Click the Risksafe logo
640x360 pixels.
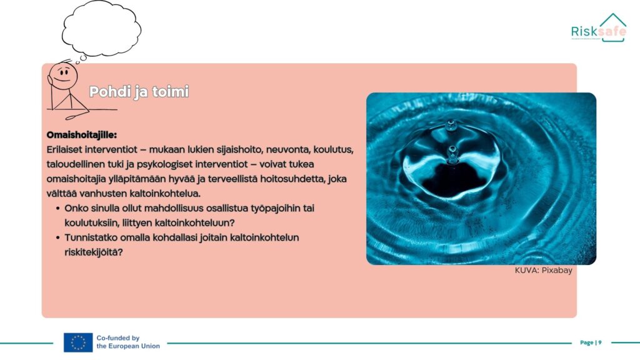point(598,27)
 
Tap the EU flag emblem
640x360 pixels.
point(78,342)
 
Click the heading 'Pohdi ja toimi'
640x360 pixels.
point(139,91)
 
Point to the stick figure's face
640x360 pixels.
point(64,75)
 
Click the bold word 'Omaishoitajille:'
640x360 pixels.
point(82,135)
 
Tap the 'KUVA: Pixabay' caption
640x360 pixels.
point(543,270)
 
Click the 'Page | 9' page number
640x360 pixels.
point(591,342)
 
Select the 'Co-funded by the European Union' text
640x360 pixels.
point(128,342)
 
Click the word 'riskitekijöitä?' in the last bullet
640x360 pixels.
point(94,252)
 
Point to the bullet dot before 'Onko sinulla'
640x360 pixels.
point(58,209)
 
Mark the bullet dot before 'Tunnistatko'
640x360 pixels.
point(58,238)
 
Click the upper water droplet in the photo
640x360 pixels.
point(451,125)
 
